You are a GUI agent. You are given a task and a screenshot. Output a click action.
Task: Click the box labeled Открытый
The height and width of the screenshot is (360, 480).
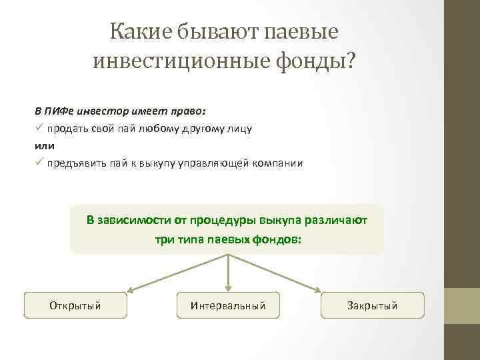click(75, 305)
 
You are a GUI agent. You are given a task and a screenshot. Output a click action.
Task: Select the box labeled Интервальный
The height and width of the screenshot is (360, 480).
click(228, 305)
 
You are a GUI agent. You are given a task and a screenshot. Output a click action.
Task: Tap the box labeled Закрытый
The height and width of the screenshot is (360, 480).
click(372, 305)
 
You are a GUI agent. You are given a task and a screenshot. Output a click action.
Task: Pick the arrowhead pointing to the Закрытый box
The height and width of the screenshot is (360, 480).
click(324, 290)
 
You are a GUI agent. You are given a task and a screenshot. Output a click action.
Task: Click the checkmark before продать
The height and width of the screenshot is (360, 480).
click(39, 128)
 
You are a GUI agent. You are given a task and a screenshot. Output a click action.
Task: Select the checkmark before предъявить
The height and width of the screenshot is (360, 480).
click(39, 163)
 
